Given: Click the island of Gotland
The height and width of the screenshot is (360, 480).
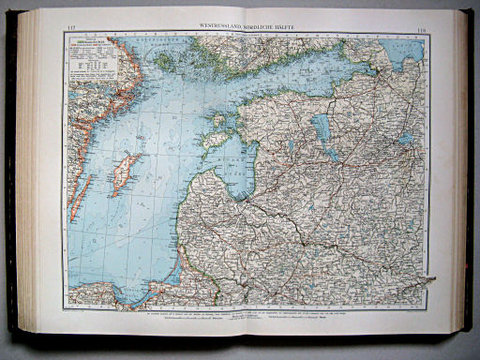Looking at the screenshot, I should click(x=125, y=174).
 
